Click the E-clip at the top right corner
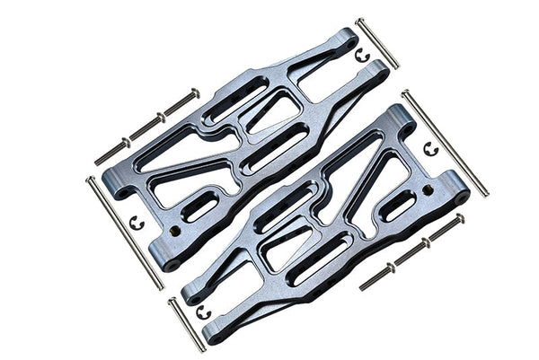point(362,56)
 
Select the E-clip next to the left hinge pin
point(137,222)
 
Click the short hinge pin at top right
point(377,42)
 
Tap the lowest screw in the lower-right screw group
point(376,277)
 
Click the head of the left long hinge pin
point(90,180)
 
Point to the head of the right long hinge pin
point(405,92)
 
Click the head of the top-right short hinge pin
point(358,20)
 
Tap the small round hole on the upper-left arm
point(177,230)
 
